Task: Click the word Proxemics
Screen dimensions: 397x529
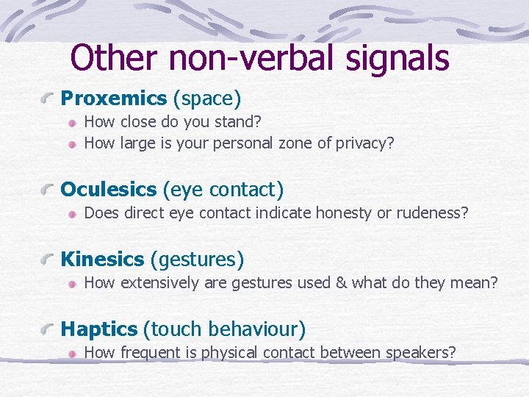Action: click(114, 99)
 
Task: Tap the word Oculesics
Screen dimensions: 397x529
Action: click(109, 190)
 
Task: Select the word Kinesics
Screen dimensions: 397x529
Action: click(102, 260)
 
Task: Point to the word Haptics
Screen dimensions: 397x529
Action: click(99, 329)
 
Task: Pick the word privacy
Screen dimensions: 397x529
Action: click(365, 143)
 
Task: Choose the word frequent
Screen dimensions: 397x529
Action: click(152, 353)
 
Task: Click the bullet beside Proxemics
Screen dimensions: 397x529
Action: click(49, 99)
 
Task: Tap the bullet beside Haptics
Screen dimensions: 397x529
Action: click(49, 329)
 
